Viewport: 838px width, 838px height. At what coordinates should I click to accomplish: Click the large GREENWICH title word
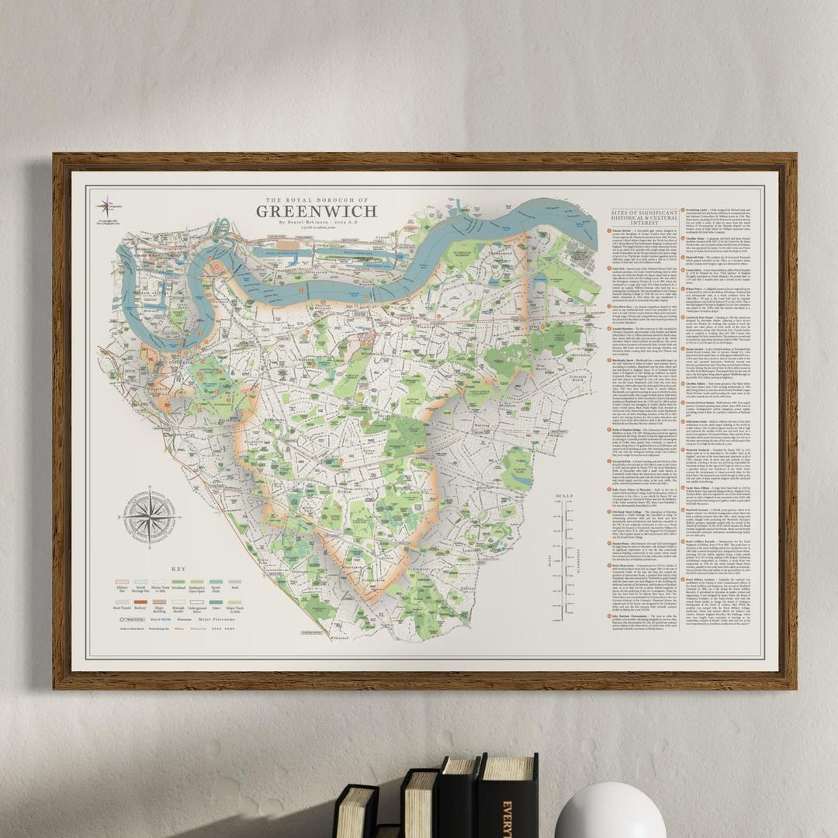click(317, 210)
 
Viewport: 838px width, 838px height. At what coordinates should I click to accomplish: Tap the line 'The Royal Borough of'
click(317, 198)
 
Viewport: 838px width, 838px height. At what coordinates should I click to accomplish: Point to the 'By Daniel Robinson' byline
click(317, 222)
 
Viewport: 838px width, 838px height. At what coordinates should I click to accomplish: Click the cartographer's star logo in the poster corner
click(103, 206)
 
